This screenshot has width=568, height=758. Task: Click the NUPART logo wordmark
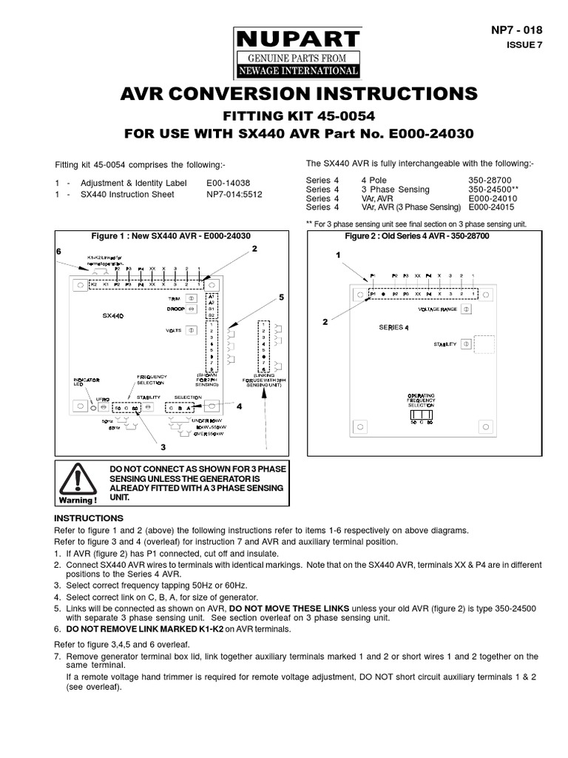coord(297,38)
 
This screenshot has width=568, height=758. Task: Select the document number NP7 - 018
coord(516,30)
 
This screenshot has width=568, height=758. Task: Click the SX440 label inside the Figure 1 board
coord(112,315)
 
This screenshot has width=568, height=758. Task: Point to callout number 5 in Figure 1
coord(281,297)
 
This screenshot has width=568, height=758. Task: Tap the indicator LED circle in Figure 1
coord(92,407)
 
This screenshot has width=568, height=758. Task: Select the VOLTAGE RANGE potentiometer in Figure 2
coord(467,309)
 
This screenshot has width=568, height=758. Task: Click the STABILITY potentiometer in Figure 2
coord(466,344)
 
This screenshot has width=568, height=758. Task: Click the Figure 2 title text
coord(417,235)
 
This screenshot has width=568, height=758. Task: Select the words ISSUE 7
coord(524,44)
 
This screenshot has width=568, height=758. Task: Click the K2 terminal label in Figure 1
coord(94,284)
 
